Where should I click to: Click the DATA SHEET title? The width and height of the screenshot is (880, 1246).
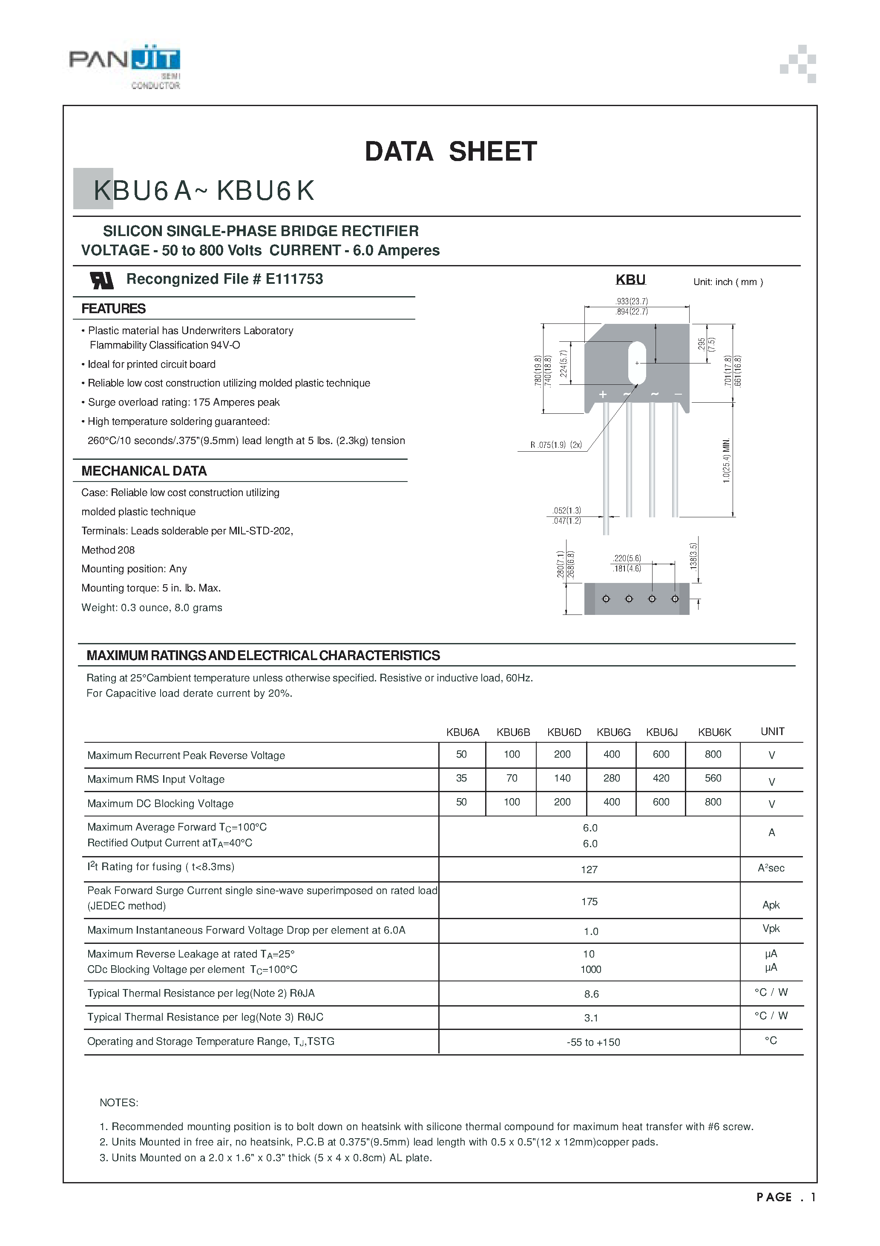450,151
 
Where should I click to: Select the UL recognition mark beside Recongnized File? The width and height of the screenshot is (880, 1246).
101,280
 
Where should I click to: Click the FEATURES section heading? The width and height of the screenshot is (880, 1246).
113,309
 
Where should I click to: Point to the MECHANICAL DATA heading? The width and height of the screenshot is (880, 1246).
144,471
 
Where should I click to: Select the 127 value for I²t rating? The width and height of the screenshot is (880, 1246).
589,870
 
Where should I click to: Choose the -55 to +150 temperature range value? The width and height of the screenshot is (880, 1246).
593,1042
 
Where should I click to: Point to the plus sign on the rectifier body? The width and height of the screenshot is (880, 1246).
602,395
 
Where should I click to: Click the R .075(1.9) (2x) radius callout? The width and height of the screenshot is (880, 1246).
556,445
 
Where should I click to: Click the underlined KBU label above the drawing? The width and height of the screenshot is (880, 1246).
630,280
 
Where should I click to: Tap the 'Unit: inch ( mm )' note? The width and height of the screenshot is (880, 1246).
728,282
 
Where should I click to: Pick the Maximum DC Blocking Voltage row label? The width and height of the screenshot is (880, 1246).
160,804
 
